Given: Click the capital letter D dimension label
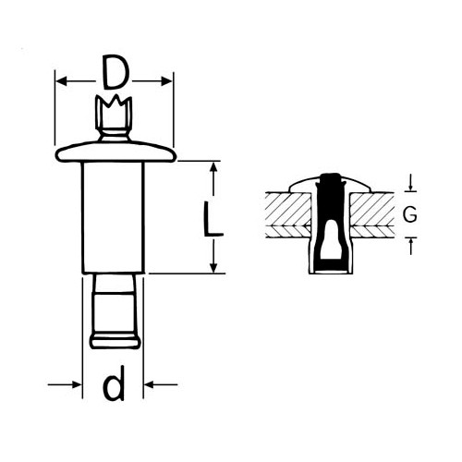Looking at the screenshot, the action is [115, 72].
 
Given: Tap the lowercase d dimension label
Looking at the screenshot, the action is [114, 383].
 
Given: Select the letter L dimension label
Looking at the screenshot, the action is [213, 219].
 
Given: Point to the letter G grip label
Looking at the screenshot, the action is [410, 214].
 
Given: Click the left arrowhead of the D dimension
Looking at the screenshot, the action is [62, 81].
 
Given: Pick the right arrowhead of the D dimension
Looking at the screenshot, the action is [166, 81].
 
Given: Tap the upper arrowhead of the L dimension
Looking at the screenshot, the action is [213, 168].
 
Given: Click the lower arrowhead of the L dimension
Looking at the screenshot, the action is [213, 266].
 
